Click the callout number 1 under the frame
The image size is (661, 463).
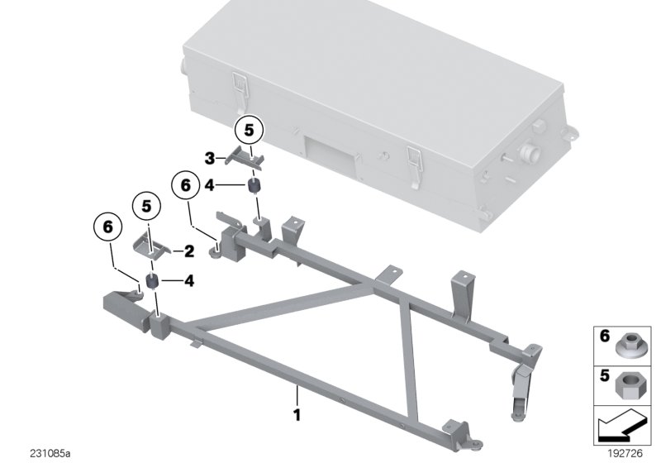click(297, 411)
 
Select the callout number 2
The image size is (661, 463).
click(189, 251)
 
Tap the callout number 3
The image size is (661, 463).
click(210, 157)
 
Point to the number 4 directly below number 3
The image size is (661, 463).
click(210, 186)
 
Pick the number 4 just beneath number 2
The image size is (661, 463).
click(189, 281)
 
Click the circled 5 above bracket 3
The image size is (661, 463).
click(250, 129)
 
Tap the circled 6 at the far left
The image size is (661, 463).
click(107, 224)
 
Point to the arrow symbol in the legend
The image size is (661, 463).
click(621, 430)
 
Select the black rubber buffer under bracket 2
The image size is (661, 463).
click(153, 282)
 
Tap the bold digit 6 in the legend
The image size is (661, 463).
click(604, 337)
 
